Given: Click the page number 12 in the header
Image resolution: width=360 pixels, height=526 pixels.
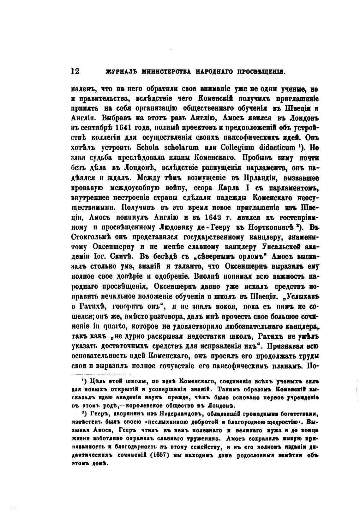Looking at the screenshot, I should pos(75,71).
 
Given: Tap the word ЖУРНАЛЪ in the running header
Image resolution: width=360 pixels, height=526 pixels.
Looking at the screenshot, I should pos(118,72).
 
